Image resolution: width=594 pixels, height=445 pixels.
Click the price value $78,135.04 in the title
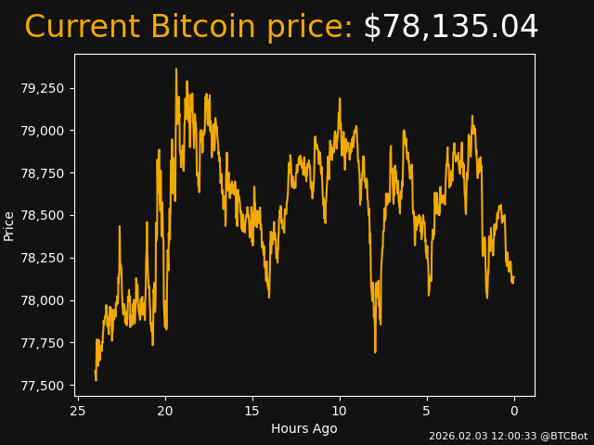pyautogui.click(x=450, y=28)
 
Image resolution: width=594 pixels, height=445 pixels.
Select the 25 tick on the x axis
pyautogui.click(x=78, y=411)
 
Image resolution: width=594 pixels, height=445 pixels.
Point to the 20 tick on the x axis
pyautogui.click(x=165, y=411)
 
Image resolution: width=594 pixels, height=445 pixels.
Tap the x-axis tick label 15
pyautogui.click(x=252, y=411)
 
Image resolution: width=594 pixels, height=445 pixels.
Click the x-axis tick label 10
pyautogui.click(x=340, y=411)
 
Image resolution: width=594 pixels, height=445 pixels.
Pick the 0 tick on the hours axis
pyautogui.click(x=514, y=411)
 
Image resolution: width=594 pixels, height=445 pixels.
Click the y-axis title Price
pyautogui.click(x=9, y=225)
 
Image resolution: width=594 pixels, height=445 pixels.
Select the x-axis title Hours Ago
pyautogui.click(x=304, y=428)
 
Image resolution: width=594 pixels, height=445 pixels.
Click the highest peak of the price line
pyautogui.click(x=176, y=70)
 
